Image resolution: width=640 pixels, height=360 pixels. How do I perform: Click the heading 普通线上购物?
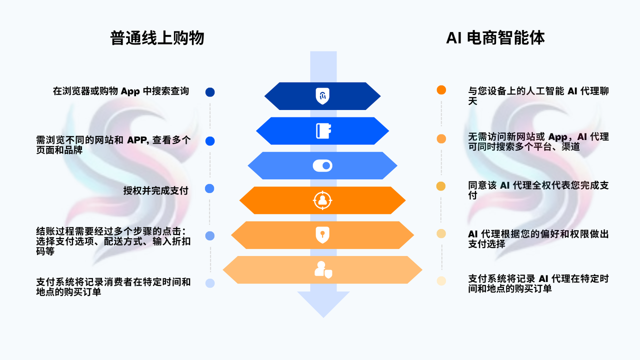click(157, 38)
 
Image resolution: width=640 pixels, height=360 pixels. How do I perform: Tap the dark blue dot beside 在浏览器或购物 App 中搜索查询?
click(210, 92)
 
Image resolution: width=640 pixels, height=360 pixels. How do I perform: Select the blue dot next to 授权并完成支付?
click(210, 188)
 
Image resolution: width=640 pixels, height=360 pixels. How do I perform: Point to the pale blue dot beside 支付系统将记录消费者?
click(210, 283)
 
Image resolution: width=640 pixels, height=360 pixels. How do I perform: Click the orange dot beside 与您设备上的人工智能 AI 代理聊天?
click(441, 90)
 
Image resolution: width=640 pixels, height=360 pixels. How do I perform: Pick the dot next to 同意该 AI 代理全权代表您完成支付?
click(441, 186)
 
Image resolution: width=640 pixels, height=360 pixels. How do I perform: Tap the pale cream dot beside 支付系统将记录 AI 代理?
click(441, 281)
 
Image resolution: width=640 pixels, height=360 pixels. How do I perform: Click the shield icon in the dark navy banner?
click(322, 96)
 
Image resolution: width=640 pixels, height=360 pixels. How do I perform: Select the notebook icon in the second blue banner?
click(323, 131)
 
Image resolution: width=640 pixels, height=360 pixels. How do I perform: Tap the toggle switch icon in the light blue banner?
click(322, 165)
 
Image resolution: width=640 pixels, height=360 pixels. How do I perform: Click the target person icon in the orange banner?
click(322, 200)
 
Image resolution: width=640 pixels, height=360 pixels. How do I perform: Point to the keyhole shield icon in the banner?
click(322, 235)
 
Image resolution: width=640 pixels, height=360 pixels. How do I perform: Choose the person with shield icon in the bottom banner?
click(322, 270)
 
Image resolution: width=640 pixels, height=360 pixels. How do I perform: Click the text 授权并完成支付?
click(155, 190)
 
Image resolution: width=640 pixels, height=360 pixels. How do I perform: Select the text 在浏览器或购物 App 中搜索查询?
click(120, 91)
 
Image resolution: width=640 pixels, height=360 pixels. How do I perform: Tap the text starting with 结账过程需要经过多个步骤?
click(113, 240)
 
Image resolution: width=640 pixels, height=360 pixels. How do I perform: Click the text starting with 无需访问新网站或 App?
click(538, 141)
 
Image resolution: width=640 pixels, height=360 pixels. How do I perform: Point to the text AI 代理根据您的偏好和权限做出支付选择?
click(538, 239)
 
